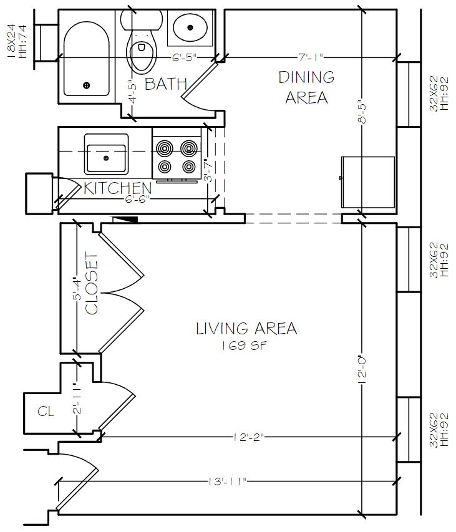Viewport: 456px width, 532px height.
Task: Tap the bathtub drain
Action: click(87, 85)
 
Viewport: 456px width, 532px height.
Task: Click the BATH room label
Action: click(165, 84)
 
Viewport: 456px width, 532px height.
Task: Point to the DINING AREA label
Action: click(306, 87)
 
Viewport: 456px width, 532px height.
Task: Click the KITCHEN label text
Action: click(118, 188)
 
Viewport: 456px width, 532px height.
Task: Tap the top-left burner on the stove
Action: click(165, 148)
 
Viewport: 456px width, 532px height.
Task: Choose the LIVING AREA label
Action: click(246, 328)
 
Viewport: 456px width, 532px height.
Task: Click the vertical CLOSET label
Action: click(92, 283)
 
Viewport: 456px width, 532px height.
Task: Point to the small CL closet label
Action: click(46, 411)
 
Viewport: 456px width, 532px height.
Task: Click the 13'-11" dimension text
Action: click(228, 481)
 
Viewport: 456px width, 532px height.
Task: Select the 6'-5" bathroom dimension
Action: click(185, 57)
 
